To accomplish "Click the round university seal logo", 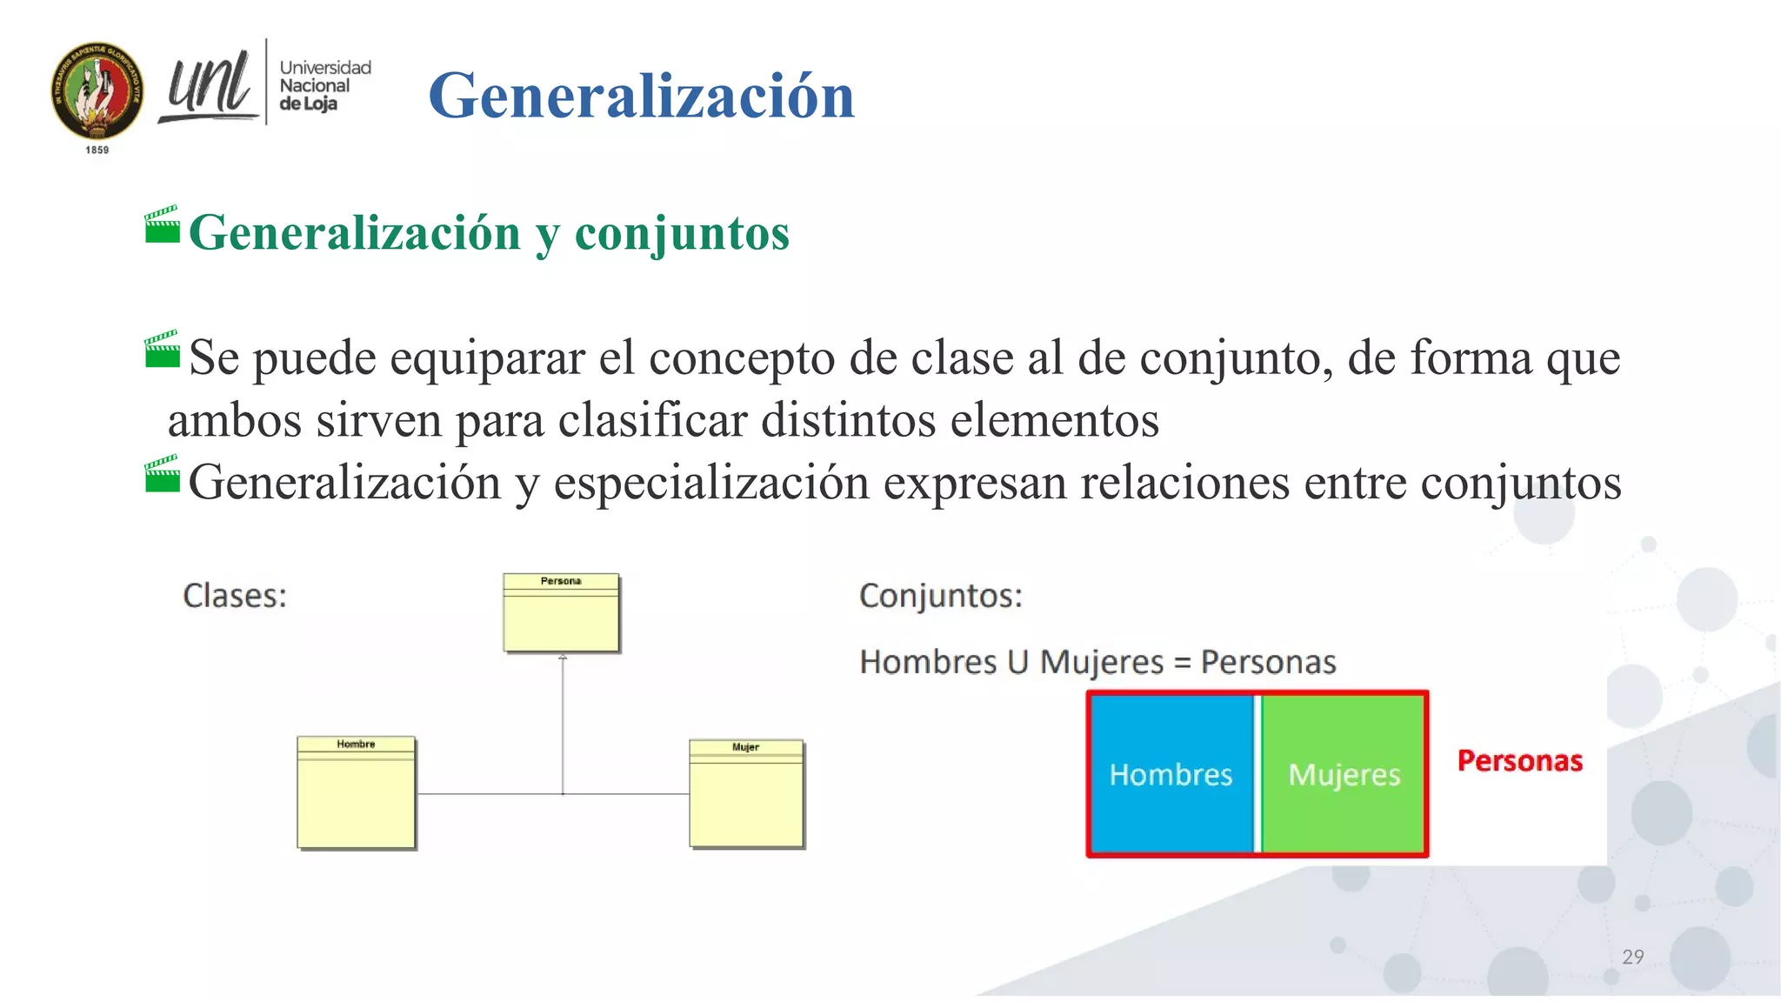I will tap(97, 90).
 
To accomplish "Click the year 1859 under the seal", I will tap(97, 150).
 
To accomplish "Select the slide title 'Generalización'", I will tap(641, 96).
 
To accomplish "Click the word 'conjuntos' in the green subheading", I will tap(682, 233).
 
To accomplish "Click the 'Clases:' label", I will tap(235, 596).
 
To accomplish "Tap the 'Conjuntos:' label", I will tap(940, 596).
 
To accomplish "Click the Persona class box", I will tap(561, 612).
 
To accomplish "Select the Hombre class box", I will tap(356, 792).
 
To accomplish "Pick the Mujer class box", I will tap(746, 793).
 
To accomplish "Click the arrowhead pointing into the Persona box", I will tap(563, 658).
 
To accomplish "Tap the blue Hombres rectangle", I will tap(1170, 774).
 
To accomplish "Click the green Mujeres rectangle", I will tap(1344, 774).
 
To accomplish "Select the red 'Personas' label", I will tap(1519, 761).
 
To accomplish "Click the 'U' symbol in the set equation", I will tap(1017, 663).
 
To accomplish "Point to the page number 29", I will tap(1632, 957).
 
